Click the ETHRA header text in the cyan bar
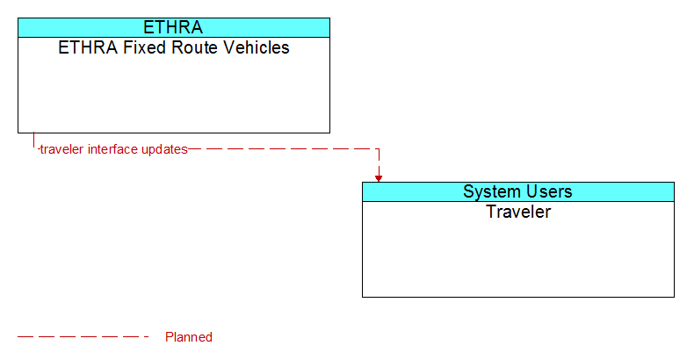pyautogui.click(x=173, y=27)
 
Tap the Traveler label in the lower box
pyautogui.click(x=518, y=212)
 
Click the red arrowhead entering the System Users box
pyautogui.click(x=379, y=178)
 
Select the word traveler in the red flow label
pyautogui.click(x=61, y=149)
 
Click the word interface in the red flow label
pyautogui.click(x=113, y=149)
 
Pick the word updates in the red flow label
pyautogui.click(x=165, y=150)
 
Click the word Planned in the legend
pyautogui.click(x=189, y=337)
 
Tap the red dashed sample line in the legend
pyautogui.click(x=83, y=337)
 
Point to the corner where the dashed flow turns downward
pyautogui.click(x=379, y=149)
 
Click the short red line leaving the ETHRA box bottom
pyautogui.click(x=33, y=140)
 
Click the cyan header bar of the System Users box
pyautogui.click(x=518, y=191)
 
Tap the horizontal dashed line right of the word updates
pyautogui.click(x=284, y=149)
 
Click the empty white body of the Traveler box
pyautogui.click(x=518, y=258)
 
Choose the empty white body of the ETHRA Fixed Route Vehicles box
pyautogui.click(x=174, y=94)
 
